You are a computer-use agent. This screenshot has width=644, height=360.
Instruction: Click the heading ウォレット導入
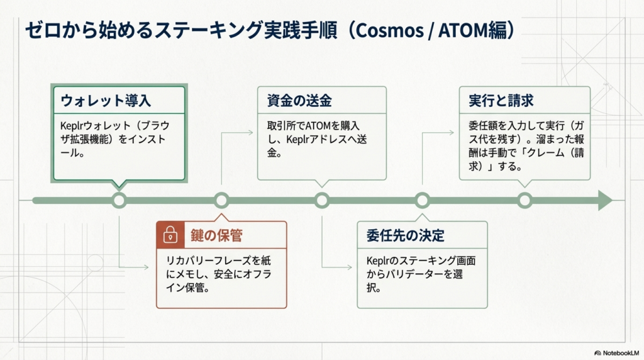click(106, 101)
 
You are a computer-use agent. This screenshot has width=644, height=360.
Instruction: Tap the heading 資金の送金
click(295, 101)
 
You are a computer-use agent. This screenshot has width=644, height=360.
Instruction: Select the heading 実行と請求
click(501, 101)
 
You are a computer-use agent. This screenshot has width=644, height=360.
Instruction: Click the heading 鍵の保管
click(216, 236)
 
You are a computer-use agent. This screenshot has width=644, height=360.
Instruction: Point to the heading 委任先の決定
click(405, 236)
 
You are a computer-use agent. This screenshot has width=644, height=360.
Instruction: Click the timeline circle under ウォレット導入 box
click(119, 200)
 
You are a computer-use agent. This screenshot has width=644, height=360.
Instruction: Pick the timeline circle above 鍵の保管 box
click(221, 200)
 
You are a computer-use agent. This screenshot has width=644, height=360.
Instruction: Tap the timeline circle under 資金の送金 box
click(322, 200)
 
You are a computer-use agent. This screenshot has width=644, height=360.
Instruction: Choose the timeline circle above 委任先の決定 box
click(423, 200)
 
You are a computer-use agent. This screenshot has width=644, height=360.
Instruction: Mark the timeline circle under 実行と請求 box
click(525, 200)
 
